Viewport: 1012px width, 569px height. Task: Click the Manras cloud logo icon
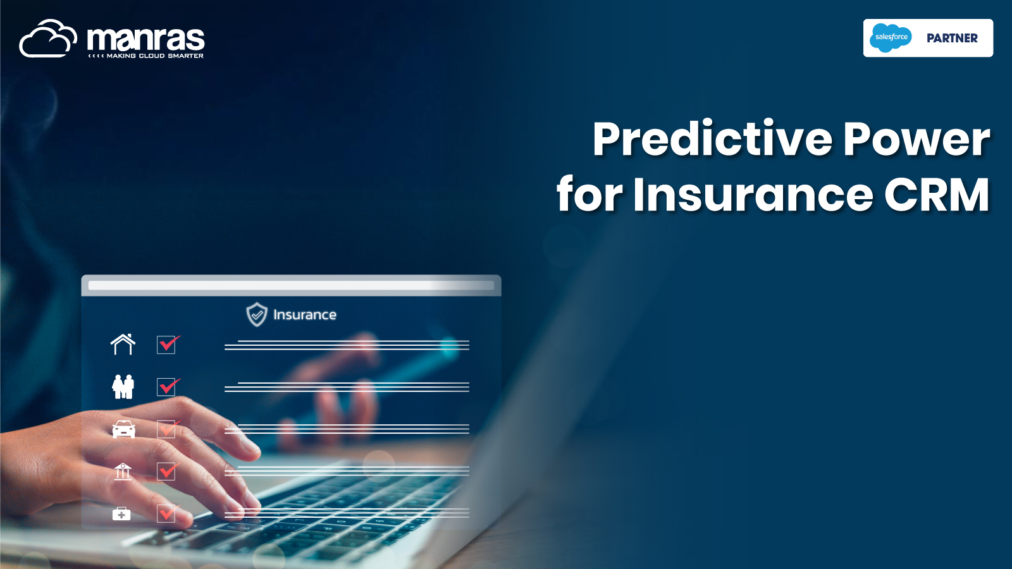point(48,39)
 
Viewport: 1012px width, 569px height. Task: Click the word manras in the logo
point(146,39)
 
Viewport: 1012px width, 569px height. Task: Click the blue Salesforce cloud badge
point(891,38)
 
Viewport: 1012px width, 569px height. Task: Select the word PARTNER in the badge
point(953,39)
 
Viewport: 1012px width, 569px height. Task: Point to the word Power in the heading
point(916,139)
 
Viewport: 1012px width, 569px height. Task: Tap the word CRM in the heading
point(937,194)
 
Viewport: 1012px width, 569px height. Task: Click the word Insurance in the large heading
point(753,194)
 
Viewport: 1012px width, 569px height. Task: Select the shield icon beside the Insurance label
point(257,314)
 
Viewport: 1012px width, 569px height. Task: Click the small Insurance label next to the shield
point(305,315)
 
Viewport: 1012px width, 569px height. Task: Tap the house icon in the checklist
point(123,344)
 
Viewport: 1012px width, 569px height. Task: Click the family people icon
point(123,386)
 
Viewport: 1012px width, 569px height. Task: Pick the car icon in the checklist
point(123,429)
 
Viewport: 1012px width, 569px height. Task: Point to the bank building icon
point(123,472)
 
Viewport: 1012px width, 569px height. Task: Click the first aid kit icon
point(121,513)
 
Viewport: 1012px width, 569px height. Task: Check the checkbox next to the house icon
point(166,345)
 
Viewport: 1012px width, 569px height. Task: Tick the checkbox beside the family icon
point(166,387)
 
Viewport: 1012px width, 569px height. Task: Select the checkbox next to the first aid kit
point(166,514)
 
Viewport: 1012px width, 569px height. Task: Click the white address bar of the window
point(291,285)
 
